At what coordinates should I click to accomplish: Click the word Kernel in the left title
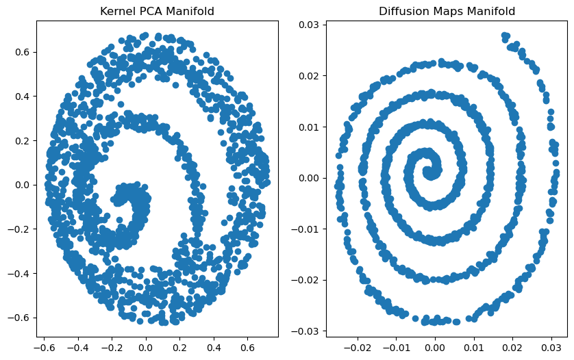[x=114, y=12]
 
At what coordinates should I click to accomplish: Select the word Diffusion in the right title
[x=401, y=12]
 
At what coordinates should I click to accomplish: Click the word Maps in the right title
[x=442, y=12]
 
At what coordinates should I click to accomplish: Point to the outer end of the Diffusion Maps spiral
[x=505, y=36]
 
